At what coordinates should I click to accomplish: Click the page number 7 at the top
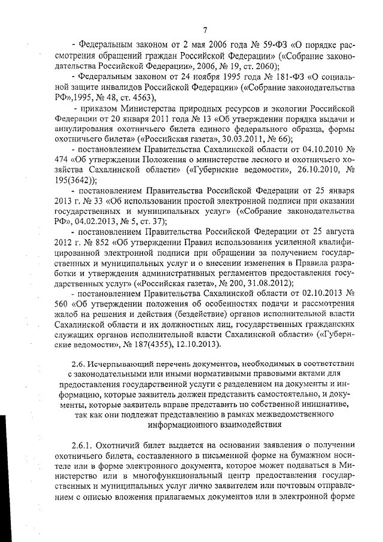click(x=205, y=30)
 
